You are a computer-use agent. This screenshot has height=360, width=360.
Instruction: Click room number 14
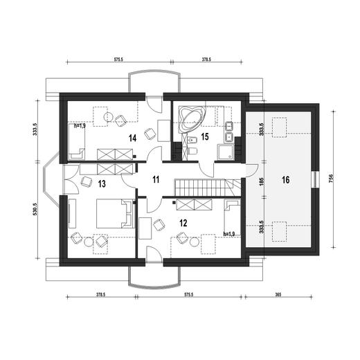pyautogui.click(x=133, y=138)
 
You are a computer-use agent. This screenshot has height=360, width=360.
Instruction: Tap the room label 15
pyautogui.click(x=205, y=136)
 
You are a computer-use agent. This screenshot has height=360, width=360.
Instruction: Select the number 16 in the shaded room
pyautogui.click(x=286, y=180)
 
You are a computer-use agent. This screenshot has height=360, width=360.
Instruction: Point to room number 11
pyautogui.click(x=156, y=179)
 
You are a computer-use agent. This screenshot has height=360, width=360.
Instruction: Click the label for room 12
pyautogui.click(x=183, y=223)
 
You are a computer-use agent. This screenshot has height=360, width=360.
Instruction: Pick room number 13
pyautogui.click(x=102, y=184)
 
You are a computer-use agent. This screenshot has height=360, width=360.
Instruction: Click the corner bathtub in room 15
pyautogui.click(x=192, y=120)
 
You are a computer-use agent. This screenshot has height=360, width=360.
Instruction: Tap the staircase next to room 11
pyautogui.click(x=208, y=188)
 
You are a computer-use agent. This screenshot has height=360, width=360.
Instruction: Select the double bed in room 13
pyautogui.click(x=115, y=213)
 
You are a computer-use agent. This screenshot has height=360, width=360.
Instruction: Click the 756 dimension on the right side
pyautogui.click(x=332, y=179)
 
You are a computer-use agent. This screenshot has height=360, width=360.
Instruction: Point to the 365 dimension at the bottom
pyautogui.click(x=278, y=294)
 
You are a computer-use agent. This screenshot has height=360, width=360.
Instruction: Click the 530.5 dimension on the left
pyautogui.click(x=35, y=209)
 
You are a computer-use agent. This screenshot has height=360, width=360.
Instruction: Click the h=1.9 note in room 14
pyautogui.click(x=80, y=126)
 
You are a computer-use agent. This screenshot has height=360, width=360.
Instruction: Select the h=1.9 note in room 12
pyautogui.click(x=229, y=234)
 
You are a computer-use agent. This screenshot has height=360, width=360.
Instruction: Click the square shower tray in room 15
pyautogui.click(x=226, y=152)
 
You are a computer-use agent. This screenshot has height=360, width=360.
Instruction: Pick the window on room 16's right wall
pyautogui.click(x=315, y=180)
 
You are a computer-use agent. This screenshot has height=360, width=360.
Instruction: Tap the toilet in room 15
pyautogui.click(x=193, y=151)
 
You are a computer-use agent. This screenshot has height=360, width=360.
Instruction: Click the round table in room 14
pyautogui.click(x=108, y=117)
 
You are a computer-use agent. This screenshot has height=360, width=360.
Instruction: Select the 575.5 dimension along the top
pyautogui.click(x=118, y=60)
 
